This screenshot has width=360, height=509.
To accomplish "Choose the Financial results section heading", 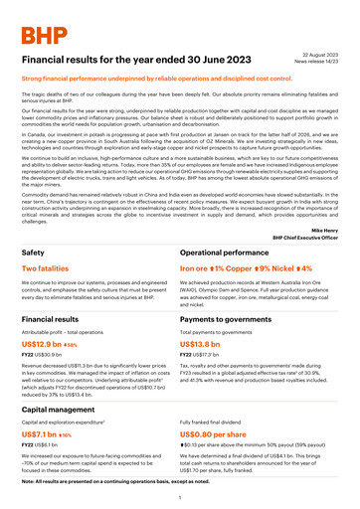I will pyautogui.click(x=51, y=321).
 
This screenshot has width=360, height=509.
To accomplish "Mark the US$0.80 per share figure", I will pyautogui.click(x=230, y=435).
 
